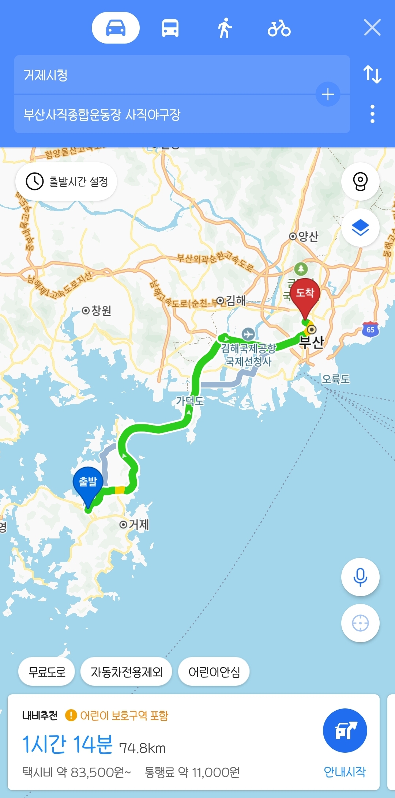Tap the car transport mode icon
coord(116,28)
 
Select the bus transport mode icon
coord(170,28)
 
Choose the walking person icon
coord(225,28)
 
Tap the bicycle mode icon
coord(279,28)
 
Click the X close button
coord(372,28)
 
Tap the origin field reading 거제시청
coord(165,75)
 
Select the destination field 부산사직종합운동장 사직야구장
coord(165,114)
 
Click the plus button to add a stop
coord(328,94)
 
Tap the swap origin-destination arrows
coord(372,74)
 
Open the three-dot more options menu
coord(372,114)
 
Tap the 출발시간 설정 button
coord(66,181)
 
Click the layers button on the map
coord(360,228)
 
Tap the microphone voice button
coord(360,577)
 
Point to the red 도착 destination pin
coord(305,295)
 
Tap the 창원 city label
coord(97,311)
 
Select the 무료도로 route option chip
coord(47,672)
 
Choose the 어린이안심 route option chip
coord(214,672)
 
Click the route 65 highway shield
coord(370,329)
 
